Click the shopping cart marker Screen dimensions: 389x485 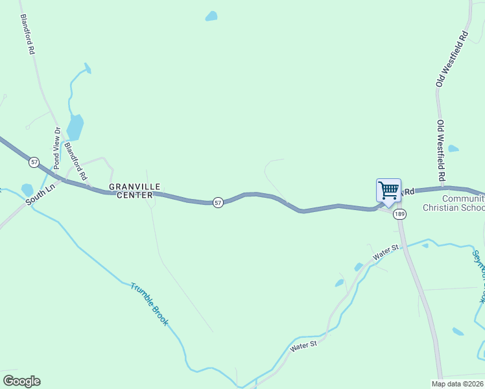388,191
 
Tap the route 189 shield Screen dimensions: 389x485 399,215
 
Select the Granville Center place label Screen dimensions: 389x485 131,191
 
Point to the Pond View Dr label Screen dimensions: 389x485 57,148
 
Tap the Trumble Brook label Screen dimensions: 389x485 149,303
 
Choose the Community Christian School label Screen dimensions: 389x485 453,204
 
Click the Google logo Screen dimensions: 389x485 21,381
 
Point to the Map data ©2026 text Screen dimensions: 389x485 458,384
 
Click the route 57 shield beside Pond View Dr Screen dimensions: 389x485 34,161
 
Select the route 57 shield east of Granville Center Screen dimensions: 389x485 219,202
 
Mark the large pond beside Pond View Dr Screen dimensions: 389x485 75,127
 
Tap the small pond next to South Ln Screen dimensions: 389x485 27,189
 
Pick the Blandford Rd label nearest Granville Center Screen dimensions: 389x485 80,161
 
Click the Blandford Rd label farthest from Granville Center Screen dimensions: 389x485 27,34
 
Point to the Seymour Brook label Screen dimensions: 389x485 478,276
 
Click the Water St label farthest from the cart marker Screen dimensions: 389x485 303,346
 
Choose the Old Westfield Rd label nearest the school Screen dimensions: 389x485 441,150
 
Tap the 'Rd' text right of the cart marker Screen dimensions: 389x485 408,192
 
